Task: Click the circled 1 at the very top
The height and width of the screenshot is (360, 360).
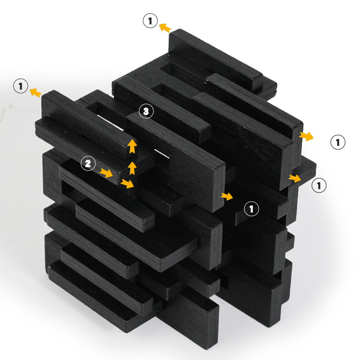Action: [x=150, y=21]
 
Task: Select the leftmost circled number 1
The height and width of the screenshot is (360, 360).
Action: [x=21, y=86]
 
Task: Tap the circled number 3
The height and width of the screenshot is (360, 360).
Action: [x=146, y=111]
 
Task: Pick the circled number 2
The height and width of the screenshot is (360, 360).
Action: [x=88, y=163]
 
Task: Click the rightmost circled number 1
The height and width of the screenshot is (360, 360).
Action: [x=338, y=142]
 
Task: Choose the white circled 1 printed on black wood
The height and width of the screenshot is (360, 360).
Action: [x=252, y=209]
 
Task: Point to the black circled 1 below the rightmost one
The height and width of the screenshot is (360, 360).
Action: [x=319, y=185]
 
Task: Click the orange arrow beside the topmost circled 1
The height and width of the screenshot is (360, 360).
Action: [x=165, y=27]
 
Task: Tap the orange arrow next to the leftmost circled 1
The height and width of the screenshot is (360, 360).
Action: [x=36, y=92]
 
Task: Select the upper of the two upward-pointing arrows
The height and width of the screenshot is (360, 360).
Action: [x=132, y=146]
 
